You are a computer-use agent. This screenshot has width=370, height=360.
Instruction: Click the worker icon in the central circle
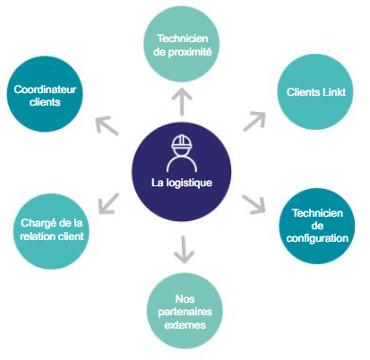tap(182, 153)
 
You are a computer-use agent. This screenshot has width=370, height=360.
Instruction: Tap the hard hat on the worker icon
tap(182, 142)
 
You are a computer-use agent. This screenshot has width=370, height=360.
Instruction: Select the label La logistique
tap(182, 183)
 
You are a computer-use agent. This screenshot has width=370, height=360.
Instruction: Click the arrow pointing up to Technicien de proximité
tap(182, 101)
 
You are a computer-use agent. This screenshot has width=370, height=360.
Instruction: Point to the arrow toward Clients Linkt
tap(254, 121)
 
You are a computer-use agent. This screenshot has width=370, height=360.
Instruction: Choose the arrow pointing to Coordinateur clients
tap(108, 125)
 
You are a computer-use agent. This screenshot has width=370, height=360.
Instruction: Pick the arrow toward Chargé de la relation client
tap(108, 203)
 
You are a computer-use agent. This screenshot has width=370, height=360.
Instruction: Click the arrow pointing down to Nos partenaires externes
tap(184, 250)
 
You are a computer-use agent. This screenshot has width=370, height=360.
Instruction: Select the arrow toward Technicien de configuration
tap(254, 204)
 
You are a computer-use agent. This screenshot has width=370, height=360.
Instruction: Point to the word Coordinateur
tap(45, 90)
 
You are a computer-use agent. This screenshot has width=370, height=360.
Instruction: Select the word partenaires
tap(185, 313)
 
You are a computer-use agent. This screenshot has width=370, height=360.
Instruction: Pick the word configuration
tap(317, 238)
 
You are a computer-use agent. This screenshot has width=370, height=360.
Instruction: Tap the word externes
tap(185, 325)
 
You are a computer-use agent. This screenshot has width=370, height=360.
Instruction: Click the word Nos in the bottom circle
tap(185, 299)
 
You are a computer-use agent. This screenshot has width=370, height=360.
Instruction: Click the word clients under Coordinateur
tap(45, 102)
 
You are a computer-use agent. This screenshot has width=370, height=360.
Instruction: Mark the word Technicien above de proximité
tap(183, 39)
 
